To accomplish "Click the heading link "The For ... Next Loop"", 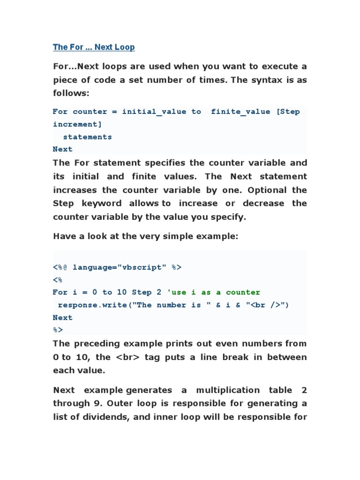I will [94, 47].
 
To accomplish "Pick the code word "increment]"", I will [77, 124].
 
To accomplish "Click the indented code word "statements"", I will [87, 137].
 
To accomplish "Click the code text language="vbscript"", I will [120, 267].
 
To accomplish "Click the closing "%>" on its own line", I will [58, 330].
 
